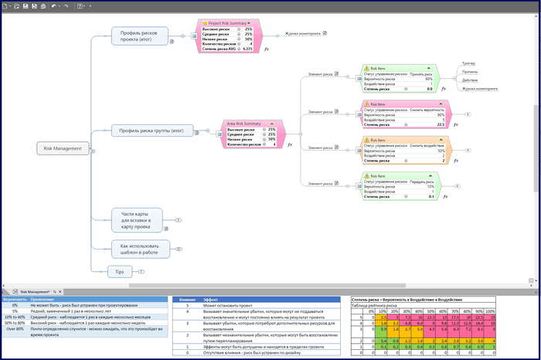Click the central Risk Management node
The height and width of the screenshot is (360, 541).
(x=63, y=148)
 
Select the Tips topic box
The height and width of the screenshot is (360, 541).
(x=119, y=271)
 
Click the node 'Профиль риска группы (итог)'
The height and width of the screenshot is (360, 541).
(x=151, y=131)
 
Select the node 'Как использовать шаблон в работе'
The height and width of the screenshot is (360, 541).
(x=139, y=249)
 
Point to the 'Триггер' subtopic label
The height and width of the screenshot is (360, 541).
(x=468, y=63)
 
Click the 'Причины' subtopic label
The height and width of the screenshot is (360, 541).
(x=469, y=71)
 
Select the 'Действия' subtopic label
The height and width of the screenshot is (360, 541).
(x=469, y=80)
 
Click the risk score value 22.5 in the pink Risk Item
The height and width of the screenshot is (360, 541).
(x=441, y=124)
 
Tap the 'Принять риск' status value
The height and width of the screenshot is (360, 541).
(x=421, y=73)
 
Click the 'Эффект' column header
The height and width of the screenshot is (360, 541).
(x=210, y=298)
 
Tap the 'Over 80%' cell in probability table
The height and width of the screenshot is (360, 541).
(x=14, y=328)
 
